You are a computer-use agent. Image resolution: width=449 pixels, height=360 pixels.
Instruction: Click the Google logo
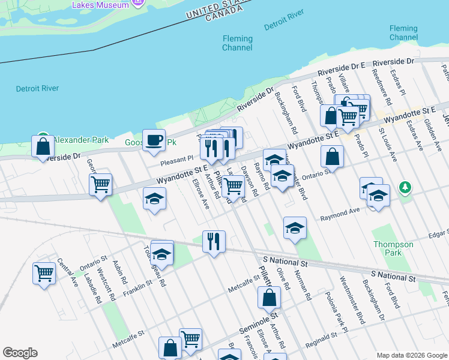[x=20, y=353]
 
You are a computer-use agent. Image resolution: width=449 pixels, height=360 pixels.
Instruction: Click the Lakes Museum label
[x=100, y=5]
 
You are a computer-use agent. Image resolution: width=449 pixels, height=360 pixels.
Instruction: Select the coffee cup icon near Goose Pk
[x=154, y=140]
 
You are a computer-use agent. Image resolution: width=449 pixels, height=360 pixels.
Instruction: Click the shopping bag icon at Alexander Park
[x=43, y=146]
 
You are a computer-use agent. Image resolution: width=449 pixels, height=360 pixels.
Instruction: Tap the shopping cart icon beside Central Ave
[x=44, y=273]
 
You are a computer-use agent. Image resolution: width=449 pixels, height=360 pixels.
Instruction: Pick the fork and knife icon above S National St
[x=214, y=241]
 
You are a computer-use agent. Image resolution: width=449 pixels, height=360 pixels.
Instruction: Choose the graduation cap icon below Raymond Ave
[x=295, y=227]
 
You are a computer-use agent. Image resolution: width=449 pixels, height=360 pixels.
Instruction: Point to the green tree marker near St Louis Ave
[x=406, y=187]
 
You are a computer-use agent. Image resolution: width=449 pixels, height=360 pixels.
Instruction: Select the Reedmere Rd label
[x=382, y=90]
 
